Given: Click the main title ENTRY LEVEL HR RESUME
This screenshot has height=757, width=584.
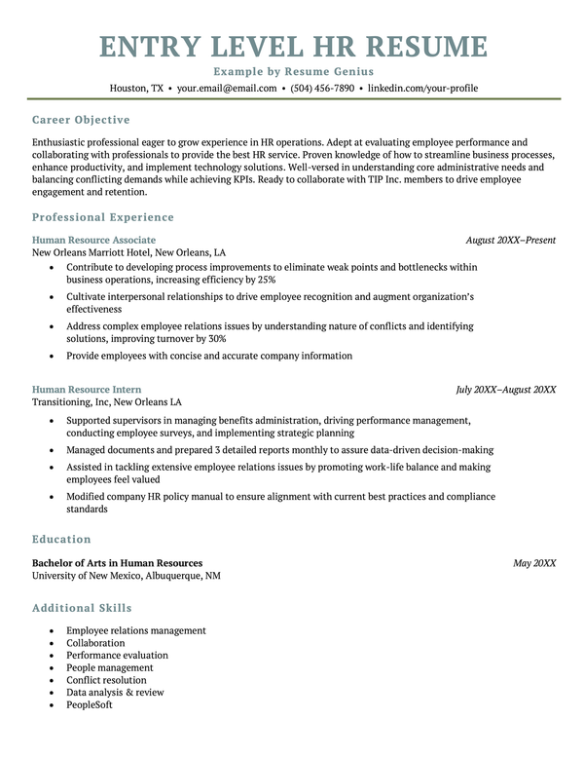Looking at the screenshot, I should tap(293, 46).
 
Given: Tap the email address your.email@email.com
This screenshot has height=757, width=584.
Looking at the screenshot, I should tap(227, 88).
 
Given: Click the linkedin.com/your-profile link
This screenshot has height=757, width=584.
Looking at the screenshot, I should tap(422, 88).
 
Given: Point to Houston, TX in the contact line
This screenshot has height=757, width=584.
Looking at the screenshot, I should tap(136, 88).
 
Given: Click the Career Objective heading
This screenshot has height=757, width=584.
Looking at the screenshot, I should tap(81, 120).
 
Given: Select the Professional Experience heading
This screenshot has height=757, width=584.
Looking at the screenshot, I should tap(103, 217).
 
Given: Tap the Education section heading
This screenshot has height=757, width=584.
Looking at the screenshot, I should tap(61, 539).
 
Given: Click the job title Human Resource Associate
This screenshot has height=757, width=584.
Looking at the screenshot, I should tap(93, 240).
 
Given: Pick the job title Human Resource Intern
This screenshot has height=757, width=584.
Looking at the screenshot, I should tap(87, 390).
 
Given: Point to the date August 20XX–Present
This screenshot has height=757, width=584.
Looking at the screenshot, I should tap(510, 240).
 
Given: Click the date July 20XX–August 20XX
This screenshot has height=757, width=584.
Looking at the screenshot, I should tap(506, 390).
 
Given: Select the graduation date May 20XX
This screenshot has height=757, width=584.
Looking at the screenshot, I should tap(534, 563).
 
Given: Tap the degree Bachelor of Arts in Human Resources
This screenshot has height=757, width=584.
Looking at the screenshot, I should tap(117, 563).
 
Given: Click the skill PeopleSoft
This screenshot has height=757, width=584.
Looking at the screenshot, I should tap(90, 704).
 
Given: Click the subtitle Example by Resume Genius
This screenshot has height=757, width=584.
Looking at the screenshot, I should tap(293, 72).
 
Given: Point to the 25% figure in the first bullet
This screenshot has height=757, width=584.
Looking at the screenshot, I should tap(267, 280).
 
